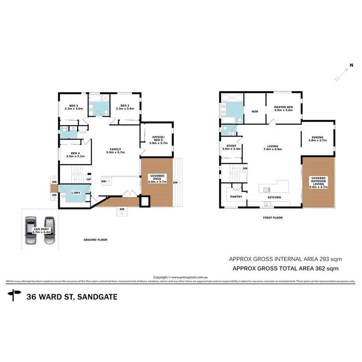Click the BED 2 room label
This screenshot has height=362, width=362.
click(x=74, y=107)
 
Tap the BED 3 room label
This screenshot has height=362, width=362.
click(x=125, y=107)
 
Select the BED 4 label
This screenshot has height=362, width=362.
click(x=75, y=155)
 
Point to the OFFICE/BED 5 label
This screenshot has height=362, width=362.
click(x=158, y=140)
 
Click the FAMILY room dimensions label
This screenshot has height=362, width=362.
click(x=115, y=152)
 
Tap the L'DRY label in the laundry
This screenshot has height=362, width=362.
click(x=75, y=193)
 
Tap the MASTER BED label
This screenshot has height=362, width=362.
click(x=283, y=108)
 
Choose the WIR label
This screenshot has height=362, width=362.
click(x=254, y=111)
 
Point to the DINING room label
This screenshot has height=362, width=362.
click(x=317, y=139)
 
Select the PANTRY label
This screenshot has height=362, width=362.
click(x=236, y=197)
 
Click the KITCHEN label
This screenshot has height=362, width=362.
click(x=274, y=197)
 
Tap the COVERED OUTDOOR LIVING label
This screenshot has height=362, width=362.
click(x=318, y=183)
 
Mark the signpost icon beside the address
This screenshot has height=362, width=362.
click(x=15, y=295)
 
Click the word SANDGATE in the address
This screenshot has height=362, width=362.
click(x=97, y=297)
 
